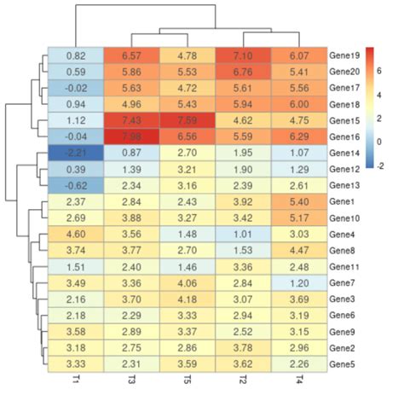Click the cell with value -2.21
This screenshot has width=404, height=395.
pos(74,153)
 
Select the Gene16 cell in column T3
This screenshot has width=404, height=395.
pos(130,137)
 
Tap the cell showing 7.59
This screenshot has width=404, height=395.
pos(187,120)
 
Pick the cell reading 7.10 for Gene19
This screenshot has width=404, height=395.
pos(243,55)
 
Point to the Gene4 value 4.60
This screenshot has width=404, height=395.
pos(74,234)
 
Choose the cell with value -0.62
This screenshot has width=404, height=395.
pos(74,185)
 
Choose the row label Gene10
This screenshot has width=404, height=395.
pos(345,218)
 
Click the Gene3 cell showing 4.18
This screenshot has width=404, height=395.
pos(187,299)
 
